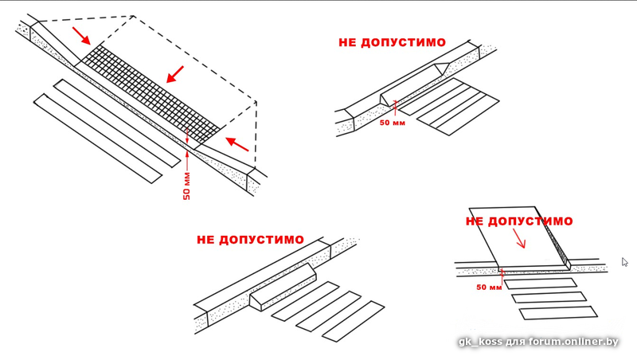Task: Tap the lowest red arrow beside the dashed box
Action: [236, 144]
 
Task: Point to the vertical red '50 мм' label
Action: [186, 184]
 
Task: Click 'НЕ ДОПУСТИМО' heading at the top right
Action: [392, 42]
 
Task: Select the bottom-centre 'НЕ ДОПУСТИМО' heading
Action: [250, 239]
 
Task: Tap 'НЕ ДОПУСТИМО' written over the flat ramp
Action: [519, 221]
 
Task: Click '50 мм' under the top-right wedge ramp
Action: [392, 123]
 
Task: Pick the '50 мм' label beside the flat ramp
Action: [489, 287]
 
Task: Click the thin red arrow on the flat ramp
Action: [518, 238]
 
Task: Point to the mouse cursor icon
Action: [625, 262]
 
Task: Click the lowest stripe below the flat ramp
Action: [545, 313]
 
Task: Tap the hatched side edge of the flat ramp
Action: [562, 246]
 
